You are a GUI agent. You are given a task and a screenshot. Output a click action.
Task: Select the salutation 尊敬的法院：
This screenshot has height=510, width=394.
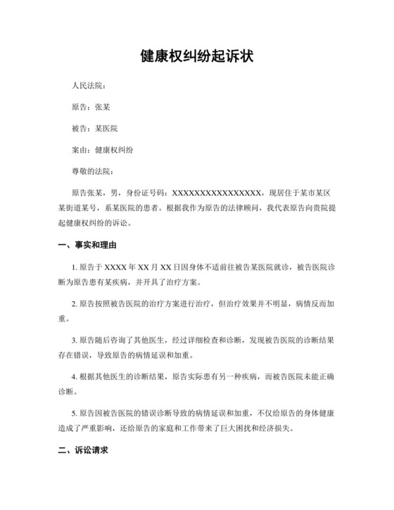pos(92,171)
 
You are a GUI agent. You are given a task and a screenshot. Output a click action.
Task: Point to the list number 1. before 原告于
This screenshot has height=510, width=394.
pos(75,267)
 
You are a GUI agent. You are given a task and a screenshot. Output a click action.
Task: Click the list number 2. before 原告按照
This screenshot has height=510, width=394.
pos(75,303)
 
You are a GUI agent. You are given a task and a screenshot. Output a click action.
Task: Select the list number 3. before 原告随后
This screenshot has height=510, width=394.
pos(75,339)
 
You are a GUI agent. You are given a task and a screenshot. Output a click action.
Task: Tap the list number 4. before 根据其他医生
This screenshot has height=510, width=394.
pos(75,375)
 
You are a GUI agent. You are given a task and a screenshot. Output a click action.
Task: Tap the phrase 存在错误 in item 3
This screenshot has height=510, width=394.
pos(72,355)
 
